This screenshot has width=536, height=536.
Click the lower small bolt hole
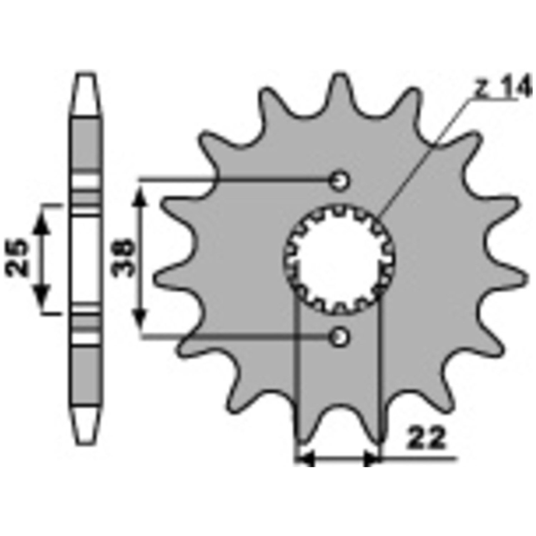point(339,336)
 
